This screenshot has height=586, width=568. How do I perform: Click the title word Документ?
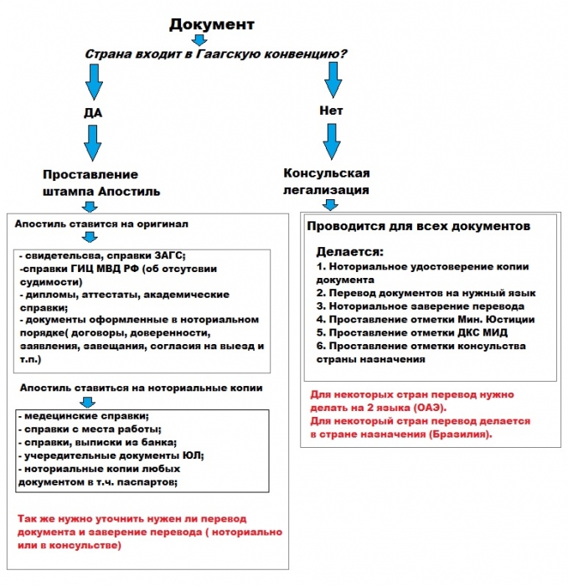pyautogui.click(x=211, y=24)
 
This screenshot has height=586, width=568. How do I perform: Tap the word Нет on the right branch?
pyautogui.click(x=331, y=111)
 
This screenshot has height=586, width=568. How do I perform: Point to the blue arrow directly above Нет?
pyautogui.click(x=333, y=80)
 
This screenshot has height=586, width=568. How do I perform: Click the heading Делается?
pyautogui.click(x=350, y=251)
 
